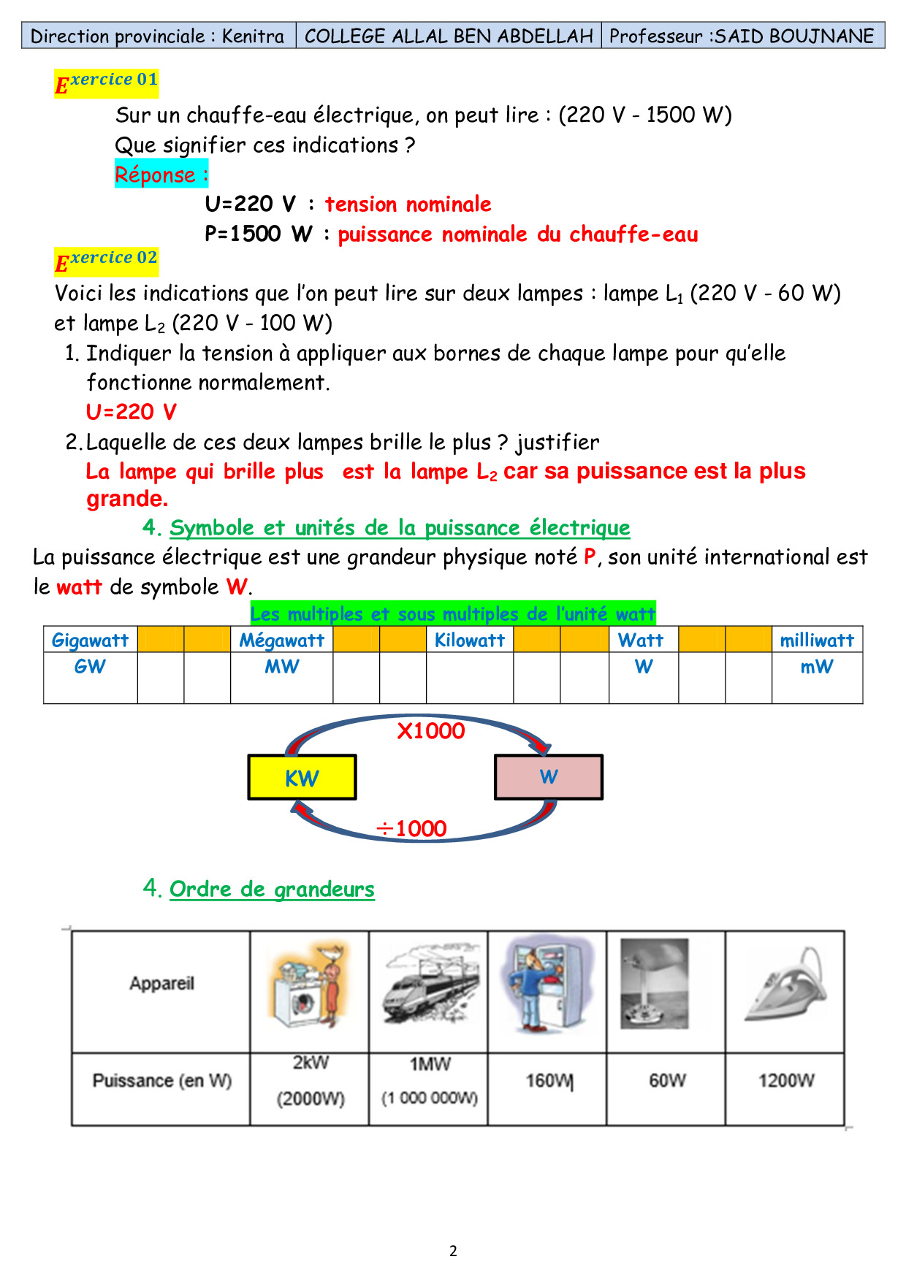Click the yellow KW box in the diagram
302,777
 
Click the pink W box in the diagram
549,777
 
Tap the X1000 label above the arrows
430,731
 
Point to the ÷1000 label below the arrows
411,828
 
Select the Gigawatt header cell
90,640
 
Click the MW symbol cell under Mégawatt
282,667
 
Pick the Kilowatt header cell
470,640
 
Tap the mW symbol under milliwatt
817,667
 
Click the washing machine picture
308,985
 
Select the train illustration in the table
430,985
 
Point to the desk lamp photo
654,984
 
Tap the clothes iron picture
785,985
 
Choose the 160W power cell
549,1081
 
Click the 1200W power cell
785,1081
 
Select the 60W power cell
667,1081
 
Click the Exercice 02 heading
107,261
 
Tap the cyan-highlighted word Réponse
161,175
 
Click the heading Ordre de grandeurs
272,889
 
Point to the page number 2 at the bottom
453,1250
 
